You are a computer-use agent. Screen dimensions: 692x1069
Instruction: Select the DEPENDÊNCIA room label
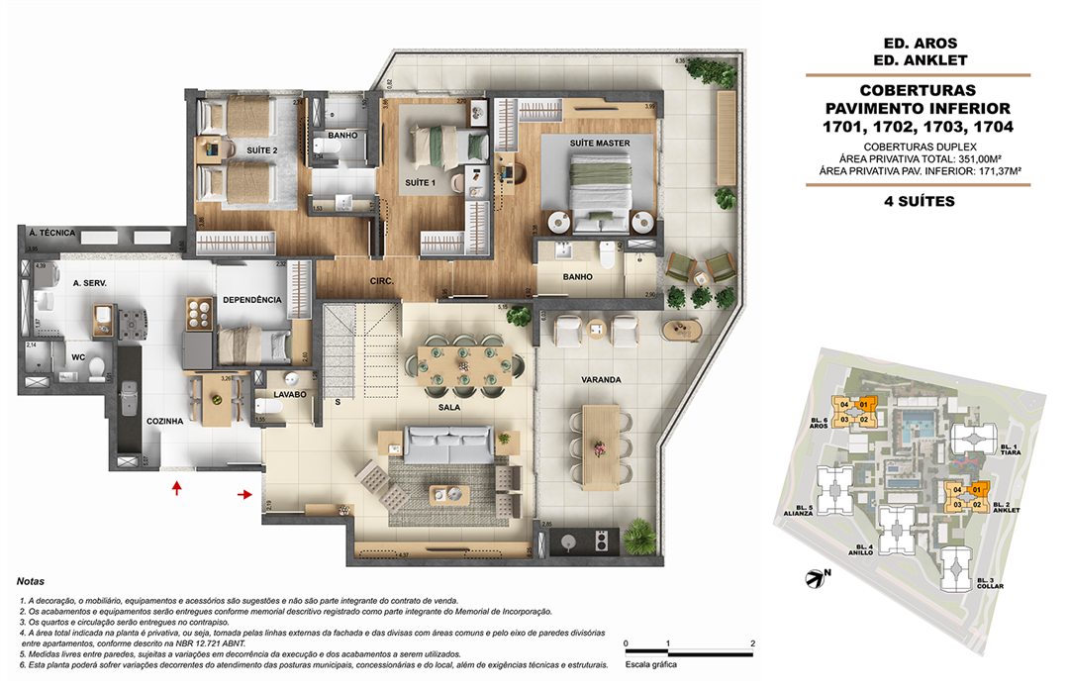click(251, 300)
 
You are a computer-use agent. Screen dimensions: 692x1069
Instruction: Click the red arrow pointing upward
click(177, 487)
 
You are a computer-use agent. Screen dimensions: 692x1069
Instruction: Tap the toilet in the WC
click(95, 368)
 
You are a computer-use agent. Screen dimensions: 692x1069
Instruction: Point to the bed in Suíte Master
click(600, 188)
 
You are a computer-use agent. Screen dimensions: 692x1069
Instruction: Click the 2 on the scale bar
click(753, 644)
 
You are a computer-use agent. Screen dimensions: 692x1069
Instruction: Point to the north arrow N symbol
click(817, 575)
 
